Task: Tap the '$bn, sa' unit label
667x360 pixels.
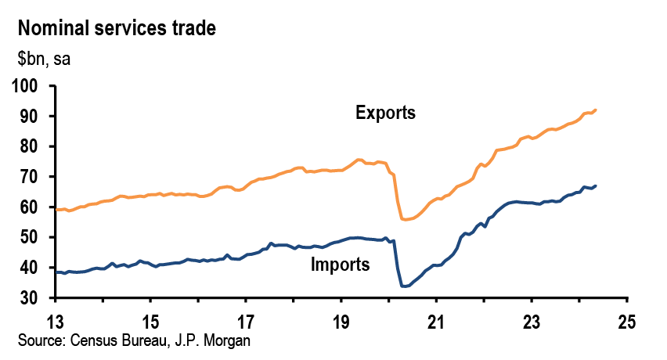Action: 44,59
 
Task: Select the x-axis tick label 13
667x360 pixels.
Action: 56,322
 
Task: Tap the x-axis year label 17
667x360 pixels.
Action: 246,322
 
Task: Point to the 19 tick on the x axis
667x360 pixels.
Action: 341,322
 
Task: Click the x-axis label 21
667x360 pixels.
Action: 436,322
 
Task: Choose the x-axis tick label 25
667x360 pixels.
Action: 626,322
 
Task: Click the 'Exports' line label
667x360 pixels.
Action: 385,113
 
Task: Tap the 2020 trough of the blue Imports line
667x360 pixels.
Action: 404,286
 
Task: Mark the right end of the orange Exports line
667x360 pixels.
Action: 596,110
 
